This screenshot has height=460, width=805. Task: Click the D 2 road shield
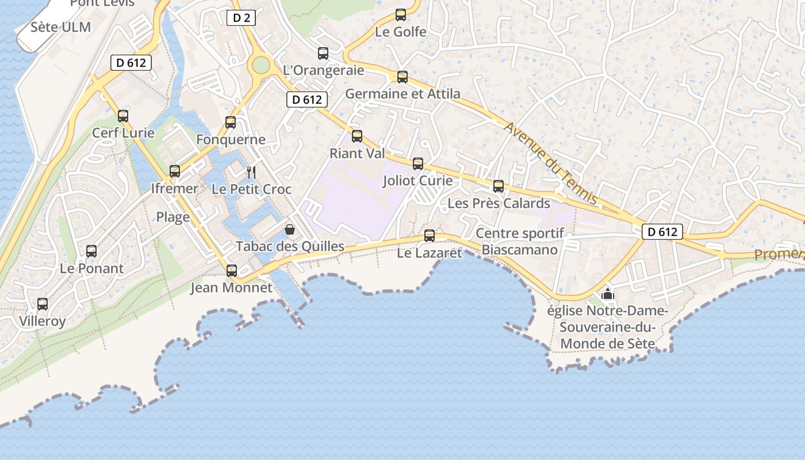tap(241, 18)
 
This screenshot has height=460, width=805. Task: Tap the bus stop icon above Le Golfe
tap(401, 15)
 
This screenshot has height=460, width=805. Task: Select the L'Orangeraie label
tap(324, 70)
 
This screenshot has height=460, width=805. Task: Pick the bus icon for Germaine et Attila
tap(402, 77)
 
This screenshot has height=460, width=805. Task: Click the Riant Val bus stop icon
tap(357, 136)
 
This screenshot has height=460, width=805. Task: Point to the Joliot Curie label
tap(417, 181)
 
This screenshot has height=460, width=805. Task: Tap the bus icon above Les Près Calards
tap(499, 186)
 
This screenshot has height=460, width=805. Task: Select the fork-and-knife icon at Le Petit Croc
tap(251, 172)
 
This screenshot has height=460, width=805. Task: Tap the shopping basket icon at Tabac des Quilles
tap(290, 229)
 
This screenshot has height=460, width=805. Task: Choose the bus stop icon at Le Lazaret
tap(430, 236)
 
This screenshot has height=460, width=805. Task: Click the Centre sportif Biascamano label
tap(520, 241)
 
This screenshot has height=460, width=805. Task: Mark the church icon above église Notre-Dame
tap(608, 294)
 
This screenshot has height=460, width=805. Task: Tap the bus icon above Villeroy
tap(43, 304)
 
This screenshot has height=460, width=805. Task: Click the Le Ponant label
tap(91, 269)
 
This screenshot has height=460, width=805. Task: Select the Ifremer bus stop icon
tap(175, 171)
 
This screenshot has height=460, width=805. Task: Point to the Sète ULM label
tap(60, 27)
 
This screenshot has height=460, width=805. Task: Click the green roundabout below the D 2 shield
tap(260, 65)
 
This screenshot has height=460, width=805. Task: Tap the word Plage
tap(173, 217)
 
